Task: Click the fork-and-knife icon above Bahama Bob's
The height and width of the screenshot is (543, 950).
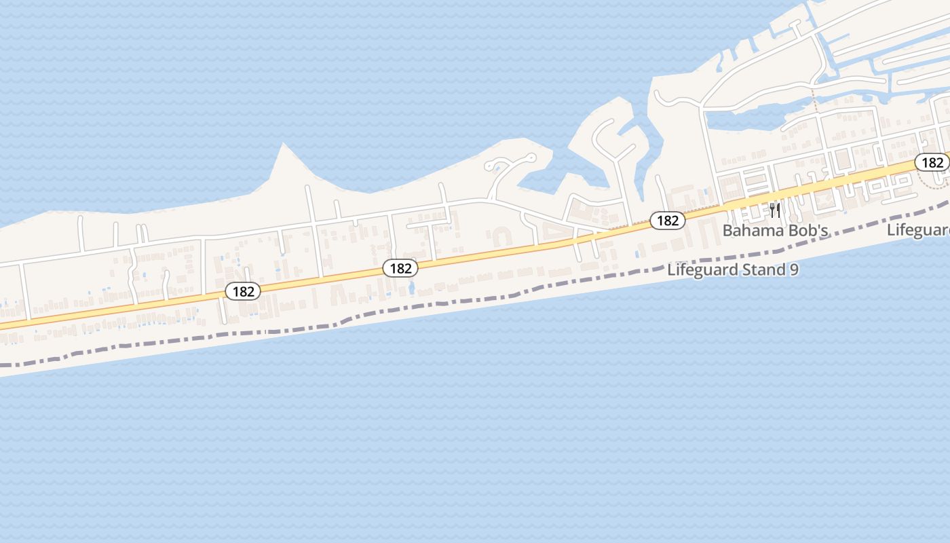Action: pos(775,210)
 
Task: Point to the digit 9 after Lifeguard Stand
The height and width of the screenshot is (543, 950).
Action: pos(793,269)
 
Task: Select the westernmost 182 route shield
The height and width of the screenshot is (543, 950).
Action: pos(243,291)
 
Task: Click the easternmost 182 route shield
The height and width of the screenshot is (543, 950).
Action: pos(932,162)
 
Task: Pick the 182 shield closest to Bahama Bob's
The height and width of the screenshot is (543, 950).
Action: pos(668,220)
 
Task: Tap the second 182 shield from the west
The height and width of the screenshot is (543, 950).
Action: pos(400,268)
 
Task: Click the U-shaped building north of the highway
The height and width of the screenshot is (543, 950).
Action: pos(502,236)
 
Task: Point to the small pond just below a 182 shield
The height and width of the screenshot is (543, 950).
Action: pos(411,288)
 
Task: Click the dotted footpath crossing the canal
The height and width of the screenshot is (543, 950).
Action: pos(814,101)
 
